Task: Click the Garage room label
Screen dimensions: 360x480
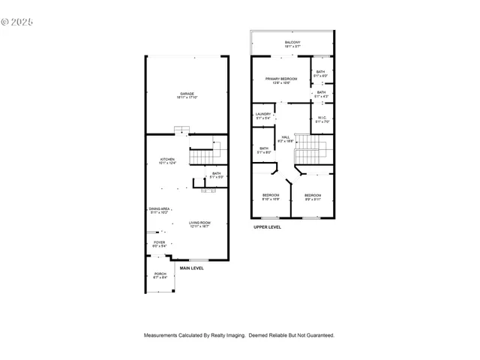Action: pyautogui.click(x=186, y=95)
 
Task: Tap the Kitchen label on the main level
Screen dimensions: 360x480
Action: pyautogui.click(x=166, y=160)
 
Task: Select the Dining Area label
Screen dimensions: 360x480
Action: pyautogui.click(x=159, y=211)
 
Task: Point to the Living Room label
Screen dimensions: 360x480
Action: pyautogui.click(x=199, y=224)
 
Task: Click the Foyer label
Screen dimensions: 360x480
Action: pyautogui.click(x=160, y=244)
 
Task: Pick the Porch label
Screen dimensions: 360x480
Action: pyautogui.click(x=160, y=275)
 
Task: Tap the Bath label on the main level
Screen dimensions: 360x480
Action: pyautogui.click(x=216, y=175)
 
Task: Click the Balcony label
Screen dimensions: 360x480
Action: pyautogui.click(x=292, y=43)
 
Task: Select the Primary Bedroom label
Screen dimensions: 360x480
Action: pyautogui.click(x=281, y=80)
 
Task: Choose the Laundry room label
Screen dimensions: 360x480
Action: pyautogui.click(x=263, y=115)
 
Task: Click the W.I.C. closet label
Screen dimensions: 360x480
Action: pyautogui.click(x=321, y=118)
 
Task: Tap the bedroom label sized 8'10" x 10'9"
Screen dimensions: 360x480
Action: pyautogui.click(x=270, y=197)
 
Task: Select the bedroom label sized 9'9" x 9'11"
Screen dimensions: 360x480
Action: pyautogui.click(x=312, y=197)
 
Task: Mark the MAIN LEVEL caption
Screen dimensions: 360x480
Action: pyautogui.click(x=191, y=268)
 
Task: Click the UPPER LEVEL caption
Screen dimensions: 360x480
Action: pyautogui.click(x=267, y=226)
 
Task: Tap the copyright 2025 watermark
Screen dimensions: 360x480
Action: pyautogui.click(x=18, y=22)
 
